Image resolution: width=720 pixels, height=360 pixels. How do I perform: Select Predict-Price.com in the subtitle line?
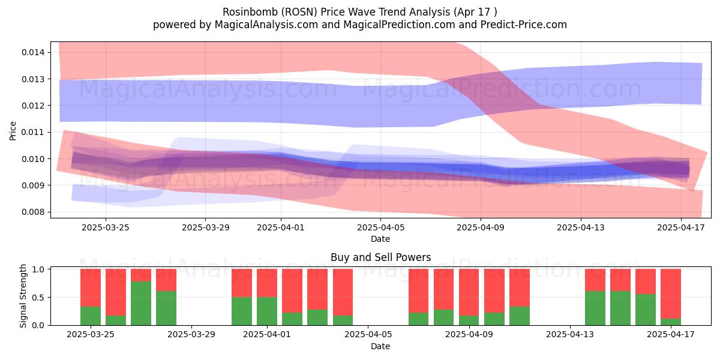524,25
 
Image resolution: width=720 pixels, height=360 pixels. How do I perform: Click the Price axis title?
13,131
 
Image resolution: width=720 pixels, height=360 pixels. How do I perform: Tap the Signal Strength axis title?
23,296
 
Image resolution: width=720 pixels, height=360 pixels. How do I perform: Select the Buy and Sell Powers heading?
380,257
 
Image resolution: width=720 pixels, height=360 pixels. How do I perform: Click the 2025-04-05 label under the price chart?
380,227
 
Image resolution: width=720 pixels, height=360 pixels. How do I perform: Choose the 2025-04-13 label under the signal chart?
570,335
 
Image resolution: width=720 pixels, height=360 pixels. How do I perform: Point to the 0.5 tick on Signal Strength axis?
40,298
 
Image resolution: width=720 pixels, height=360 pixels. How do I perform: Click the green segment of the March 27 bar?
141,304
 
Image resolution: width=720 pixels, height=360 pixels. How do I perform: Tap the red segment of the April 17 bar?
671,294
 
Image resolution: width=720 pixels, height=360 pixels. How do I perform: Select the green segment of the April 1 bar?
267,311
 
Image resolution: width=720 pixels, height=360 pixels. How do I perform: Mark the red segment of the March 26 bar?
116,293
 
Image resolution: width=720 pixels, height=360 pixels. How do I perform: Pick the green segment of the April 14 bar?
595,308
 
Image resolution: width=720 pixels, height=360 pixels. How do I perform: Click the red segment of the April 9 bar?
469,293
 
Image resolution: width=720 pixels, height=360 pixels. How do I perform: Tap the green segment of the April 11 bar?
520,316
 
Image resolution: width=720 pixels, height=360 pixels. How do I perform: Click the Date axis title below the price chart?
380,239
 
